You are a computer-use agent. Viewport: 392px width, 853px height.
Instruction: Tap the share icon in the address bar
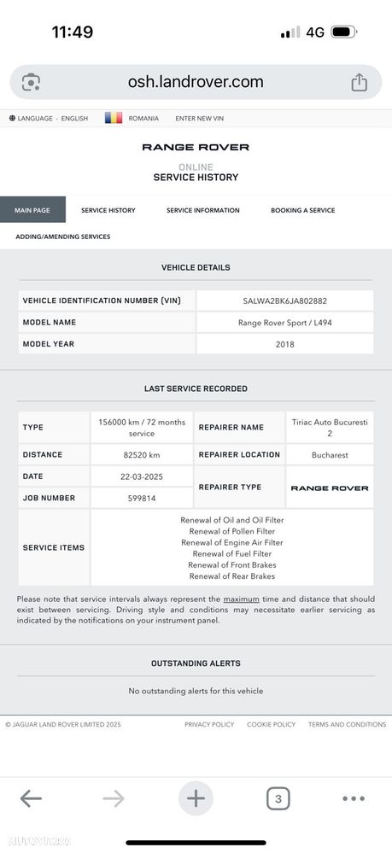[x=359, y=82]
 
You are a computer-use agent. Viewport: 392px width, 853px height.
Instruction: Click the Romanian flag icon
[x=114, y=118]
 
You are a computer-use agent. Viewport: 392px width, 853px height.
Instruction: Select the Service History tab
[x=108, y=210]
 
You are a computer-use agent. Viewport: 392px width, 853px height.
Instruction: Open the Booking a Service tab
[x=302, y=210]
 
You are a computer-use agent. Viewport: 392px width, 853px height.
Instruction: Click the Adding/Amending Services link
[x=62, y=237]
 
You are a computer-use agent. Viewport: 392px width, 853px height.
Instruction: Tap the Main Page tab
[x=32, y=210]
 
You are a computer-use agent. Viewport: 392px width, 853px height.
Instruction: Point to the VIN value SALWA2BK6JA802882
[x=284, y=301]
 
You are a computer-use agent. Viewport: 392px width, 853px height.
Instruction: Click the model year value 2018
[x=284, y=344]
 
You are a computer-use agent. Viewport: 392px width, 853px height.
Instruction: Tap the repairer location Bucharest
[x=329, y=455]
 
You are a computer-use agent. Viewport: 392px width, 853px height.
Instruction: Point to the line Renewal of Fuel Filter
[x=231, y=553]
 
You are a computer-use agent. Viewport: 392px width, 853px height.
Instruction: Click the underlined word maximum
[x=241, y=599]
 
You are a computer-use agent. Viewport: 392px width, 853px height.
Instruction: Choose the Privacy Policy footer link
[x=209, y=724]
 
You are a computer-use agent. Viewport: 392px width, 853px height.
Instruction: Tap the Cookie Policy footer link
[x=271, y=724]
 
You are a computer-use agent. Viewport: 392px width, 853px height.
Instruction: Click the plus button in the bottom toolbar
[x=196, y=798]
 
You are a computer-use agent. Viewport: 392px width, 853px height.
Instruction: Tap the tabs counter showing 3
[x=278, y=798]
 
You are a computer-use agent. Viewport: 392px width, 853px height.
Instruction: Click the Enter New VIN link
[x=200, y=118]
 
